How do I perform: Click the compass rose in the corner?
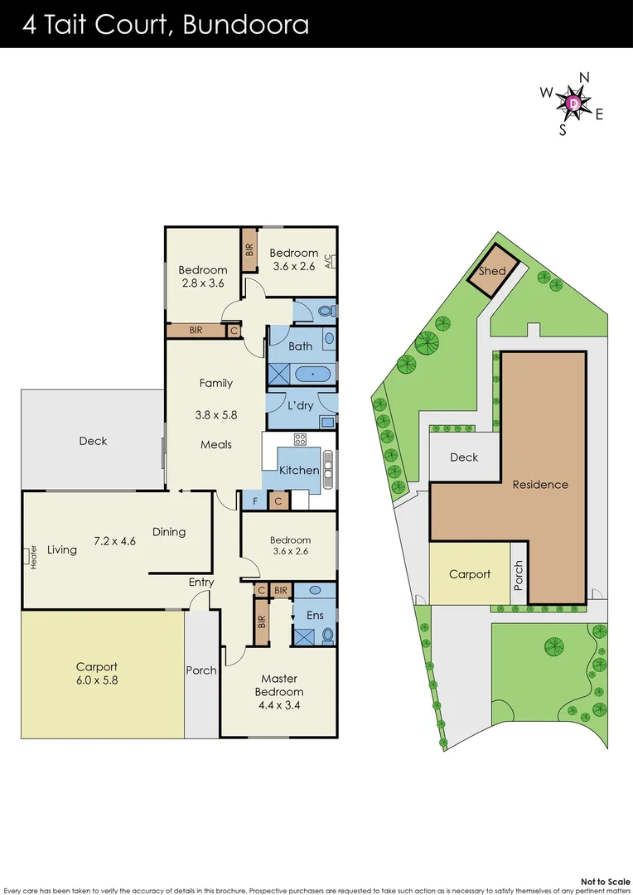click(574, 102)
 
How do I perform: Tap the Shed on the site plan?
click(493, 271)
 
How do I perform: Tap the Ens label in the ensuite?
click(315, 615)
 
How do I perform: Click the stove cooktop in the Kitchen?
click(300, 439)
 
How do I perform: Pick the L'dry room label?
click(299, 406)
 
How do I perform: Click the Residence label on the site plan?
click(540, 484)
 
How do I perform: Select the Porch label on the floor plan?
click(201, 670)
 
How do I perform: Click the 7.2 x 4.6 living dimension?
click(114, 541)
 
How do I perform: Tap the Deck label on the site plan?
click(464, 457)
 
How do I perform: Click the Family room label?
click(215, 383)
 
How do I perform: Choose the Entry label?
click(201, 582)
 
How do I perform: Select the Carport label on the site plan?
click(470, 573)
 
